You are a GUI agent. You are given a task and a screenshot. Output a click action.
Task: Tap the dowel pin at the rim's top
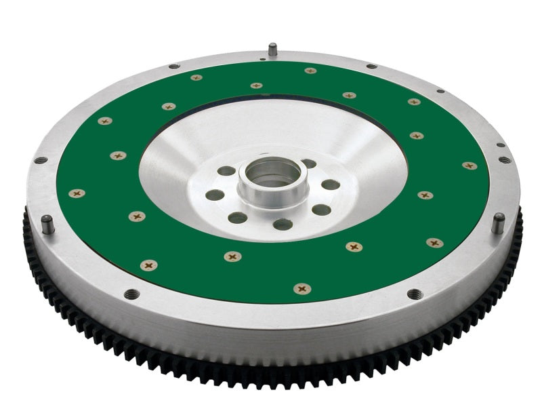pos(272,50)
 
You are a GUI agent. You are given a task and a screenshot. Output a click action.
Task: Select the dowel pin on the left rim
pos(47,224)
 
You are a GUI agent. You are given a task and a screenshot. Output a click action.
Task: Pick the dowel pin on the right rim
pos(498,222)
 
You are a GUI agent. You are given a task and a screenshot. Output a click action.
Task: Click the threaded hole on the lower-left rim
pos(131,294)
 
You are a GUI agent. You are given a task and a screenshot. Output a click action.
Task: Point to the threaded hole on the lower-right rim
pos(414,294)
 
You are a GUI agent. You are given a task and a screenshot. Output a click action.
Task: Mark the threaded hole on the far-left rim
pos(41,161)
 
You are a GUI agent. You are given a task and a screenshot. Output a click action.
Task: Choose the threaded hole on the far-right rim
pos(505,160)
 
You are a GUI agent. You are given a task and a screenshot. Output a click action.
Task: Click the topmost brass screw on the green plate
pos(310,71)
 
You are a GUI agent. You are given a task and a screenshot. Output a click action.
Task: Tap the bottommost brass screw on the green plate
pos(302,289)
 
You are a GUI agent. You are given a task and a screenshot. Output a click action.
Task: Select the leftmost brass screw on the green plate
pos(77,193)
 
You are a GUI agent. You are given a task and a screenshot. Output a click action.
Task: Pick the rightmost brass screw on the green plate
pos(469,166)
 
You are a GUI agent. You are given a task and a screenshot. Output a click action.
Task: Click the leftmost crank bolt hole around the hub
pos(215,195)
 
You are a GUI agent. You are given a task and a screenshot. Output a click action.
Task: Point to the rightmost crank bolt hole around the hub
pos(330,185)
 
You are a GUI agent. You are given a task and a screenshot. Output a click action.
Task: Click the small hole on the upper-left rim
pos(174,66)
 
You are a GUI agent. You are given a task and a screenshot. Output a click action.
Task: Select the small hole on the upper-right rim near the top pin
pos(371,66)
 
